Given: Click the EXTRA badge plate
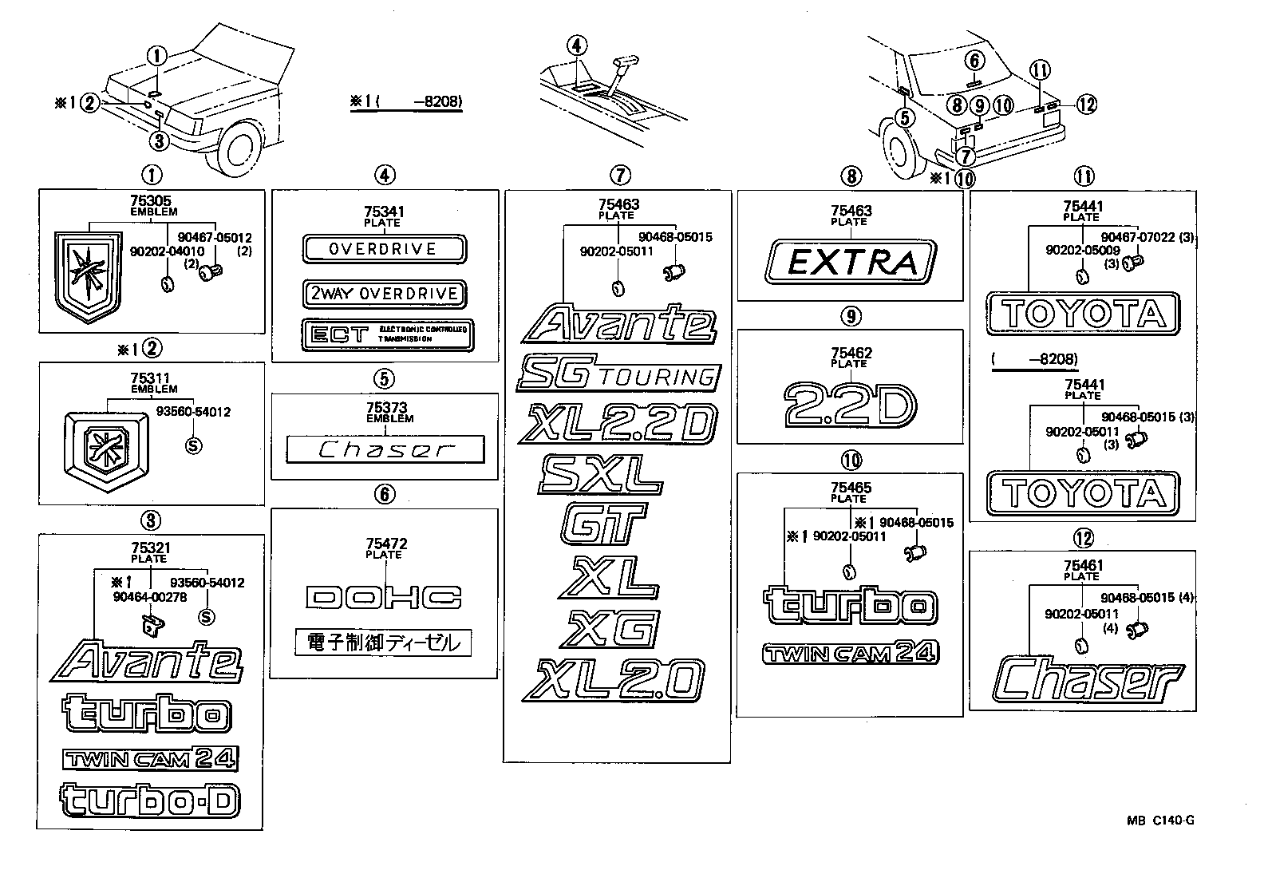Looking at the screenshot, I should (x=849, y=263).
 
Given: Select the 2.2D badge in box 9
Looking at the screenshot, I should (x=849, y=404).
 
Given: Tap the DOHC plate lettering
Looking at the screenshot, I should (x=384, y=597).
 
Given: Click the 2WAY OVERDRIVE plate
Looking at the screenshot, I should (x=384, y=294).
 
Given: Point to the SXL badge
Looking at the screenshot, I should (x=601, y=475).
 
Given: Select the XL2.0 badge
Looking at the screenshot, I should (x=614, y=681).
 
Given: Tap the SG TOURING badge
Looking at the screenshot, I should (x=618, y=374).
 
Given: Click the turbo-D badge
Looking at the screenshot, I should (x=149, y=801).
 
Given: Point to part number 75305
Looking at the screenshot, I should (x=150, y=202).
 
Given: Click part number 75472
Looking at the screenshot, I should (x=385, y=544).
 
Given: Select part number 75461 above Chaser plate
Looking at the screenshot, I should (x=1083, y=566).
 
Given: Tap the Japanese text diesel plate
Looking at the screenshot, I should (x=383, y=643).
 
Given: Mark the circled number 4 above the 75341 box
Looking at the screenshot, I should (x=385, y=175).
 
